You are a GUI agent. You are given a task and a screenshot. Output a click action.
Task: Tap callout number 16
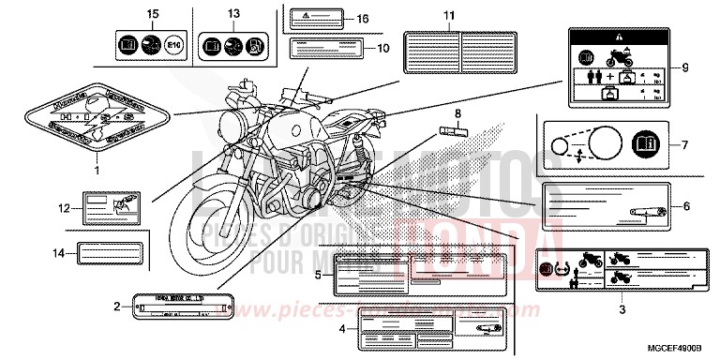pos(362,18)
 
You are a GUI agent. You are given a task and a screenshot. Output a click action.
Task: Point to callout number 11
pos(448,16)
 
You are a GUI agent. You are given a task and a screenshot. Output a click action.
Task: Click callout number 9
pos(684,67)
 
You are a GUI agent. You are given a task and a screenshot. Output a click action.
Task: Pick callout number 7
pos(684,145)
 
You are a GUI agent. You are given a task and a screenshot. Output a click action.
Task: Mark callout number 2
pos(116,307)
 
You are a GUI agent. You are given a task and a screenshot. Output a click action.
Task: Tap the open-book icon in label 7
pos(647,145)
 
